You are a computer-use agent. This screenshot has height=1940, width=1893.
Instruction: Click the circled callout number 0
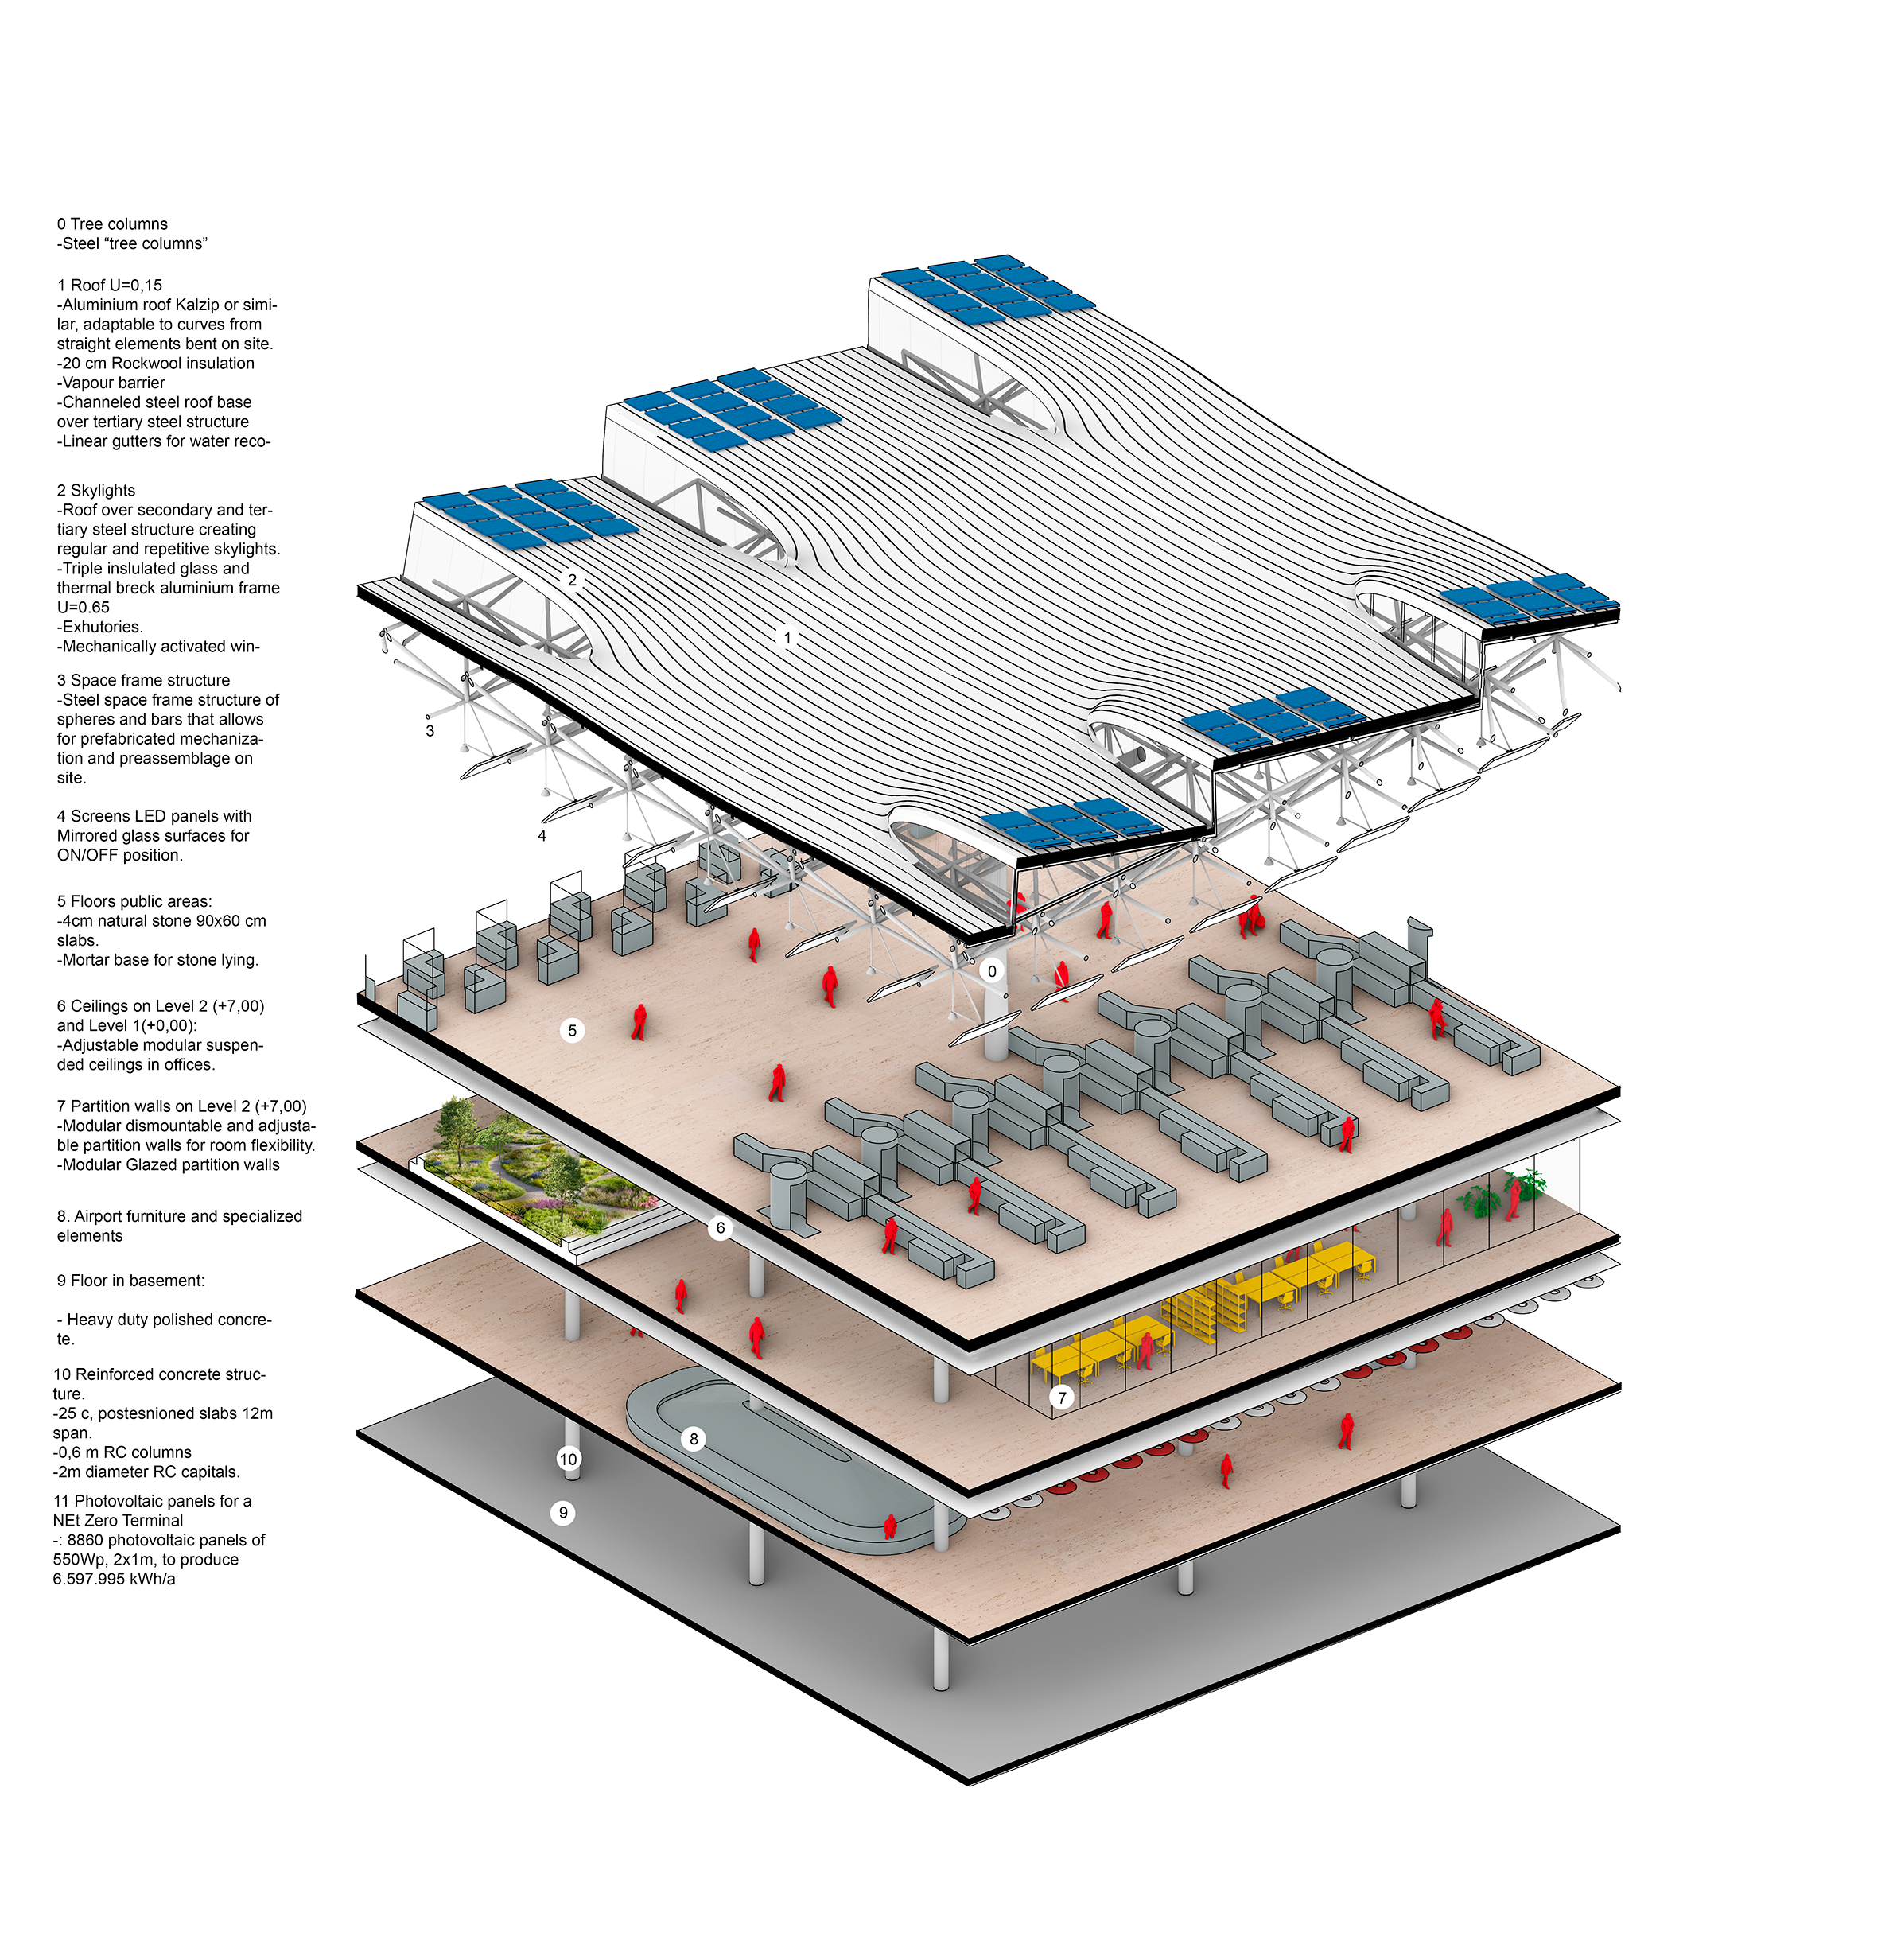pyautogui.click(x=991, y=971)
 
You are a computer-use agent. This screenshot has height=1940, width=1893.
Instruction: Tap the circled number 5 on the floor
pyautogui.click(x=572, y=1031)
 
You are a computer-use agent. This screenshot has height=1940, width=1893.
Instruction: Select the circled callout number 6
pyautogui.click(x=721, y=1228)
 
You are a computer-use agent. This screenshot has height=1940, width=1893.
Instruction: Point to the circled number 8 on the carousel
pyautogui.click(x=694, y=1439)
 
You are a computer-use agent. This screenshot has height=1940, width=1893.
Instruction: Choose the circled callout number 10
pyautogui.click(x=568, y=1460)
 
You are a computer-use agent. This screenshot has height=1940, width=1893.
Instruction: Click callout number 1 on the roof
pyautogui.click(x=787, y=639)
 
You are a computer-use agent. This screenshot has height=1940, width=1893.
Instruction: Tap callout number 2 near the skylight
pyautogui.click(x=572, y=580)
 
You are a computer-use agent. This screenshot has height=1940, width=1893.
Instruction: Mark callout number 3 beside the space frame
pyautogui.click(x=430, y=731)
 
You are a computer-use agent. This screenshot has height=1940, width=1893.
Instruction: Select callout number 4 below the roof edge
pyautogui.click(x=542, y=836)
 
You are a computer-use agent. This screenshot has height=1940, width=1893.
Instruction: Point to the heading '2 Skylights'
pyautogui.click(x=96, y=490)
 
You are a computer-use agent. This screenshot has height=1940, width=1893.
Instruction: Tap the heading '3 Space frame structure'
pyautogui.click(x=143, y=680)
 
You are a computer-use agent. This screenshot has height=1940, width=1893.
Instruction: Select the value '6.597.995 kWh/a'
pyautogui.click(x=115, y=1579)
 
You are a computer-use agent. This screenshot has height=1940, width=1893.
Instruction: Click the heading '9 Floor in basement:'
pyautogui.click(x=130, y=1281)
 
